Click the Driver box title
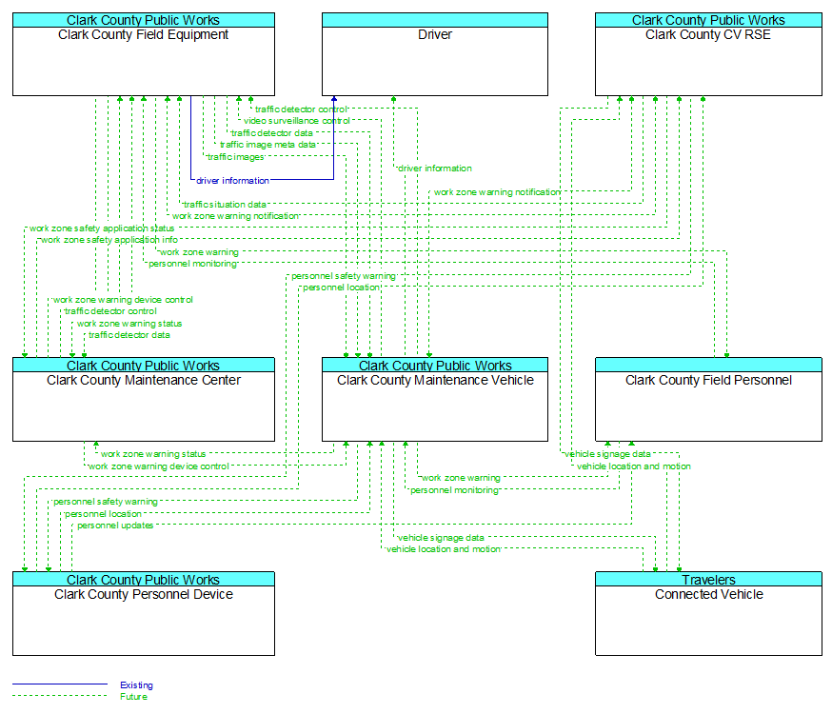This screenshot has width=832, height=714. (435, 34)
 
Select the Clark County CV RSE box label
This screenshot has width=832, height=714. (708, 34)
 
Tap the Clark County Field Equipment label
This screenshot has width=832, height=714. (143, 34)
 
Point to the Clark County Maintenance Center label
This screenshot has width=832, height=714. (143, 381)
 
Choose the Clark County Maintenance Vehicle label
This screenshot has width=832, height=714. (435, 381)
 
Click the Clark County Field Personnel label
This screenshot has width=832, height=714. (708, 381)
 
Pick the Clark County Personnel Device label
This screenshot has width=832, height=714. (143, 595)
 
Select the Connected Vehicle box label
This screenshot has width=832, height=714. (709, 595)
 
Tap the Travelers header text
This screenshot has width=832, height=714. (709, 580)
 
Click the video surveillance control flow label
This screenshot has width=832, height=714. (297, 121)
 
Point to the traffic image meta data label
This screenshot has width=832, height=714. (267, 145)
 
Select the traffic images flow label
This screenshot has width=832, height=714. (235, 157)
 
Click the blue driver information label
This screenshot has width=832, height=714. (232, 180)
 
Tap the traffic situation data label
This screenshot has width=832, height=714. (225, 205)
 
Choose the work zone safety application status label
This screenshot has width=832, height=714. (102, 228)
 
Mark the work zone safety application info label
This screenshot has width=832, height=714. (109, 240)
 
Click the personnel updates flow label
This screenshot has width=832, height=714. (115, 526)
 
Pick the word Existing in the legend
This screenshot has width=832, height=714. (136, 684)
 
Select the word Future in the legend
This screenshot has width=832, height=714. (133, 697)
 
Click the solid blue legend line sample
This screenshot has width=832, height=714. (60, 684)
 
